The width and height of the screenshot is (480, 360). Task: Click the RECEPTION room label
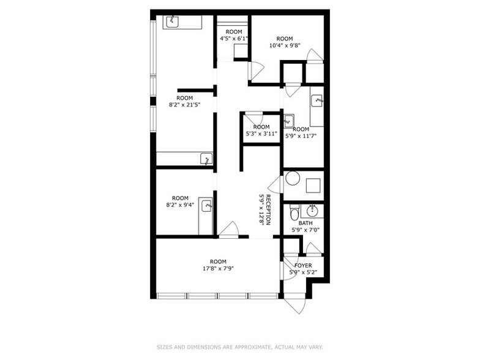(268, 209)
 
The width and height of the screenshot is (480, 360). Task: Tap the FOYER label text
(303, 265)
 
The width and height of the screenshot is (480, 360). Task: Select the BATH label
(305, 223)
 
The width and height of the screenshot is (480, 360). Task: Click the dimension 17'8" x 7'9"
(218, 268)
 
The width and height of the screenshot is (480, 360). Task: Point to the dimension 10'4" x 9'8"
(285, 45)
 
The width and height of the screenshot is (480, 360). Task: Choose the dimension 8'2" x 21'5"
(185, 105)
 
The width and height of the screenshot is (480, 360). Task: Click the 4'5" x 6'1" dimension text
(234, 38)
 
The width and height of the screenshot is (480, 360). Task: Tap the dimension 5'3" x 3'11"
(261, 133)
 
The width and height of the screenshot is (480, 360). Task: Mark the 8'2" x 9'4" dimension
(180, 205)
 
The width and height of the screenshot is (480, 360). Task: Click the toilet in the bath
(294, 213)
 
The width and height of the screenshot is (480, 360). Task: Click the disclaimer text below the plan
(239, 347)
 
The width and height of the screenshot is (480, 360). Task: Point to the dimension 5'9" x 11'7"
(301, 136)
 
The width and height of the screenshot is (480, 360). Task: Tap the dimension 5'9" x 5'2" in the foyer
(303, 272)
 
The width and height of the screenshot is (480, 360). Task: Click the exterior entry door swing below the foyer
(294, 304)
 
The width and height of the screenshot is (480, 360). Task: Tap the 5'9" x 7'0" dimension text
(305, 230)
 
